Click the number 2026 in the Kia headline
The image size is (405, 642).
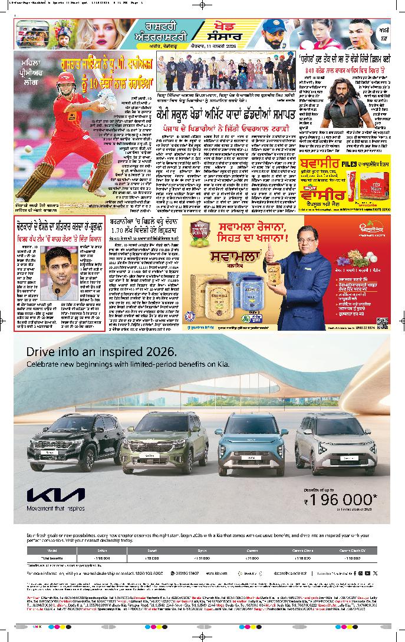click(158, 352)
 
